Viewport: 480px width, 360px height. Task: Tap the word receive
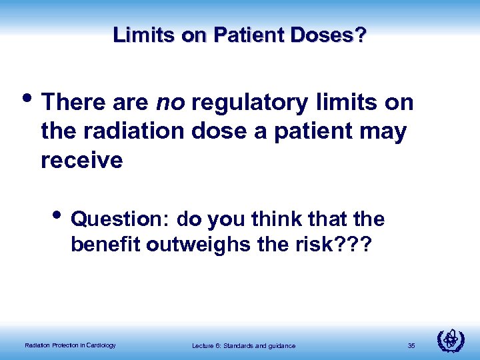point(82,161)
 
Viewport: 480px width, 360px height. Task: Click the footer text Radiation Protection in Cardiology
point(70,345)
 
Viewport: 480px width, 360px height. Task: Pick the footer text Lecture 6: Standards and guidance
point(243,345)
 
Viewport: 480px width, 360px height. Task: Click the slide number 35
point(411,345)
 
